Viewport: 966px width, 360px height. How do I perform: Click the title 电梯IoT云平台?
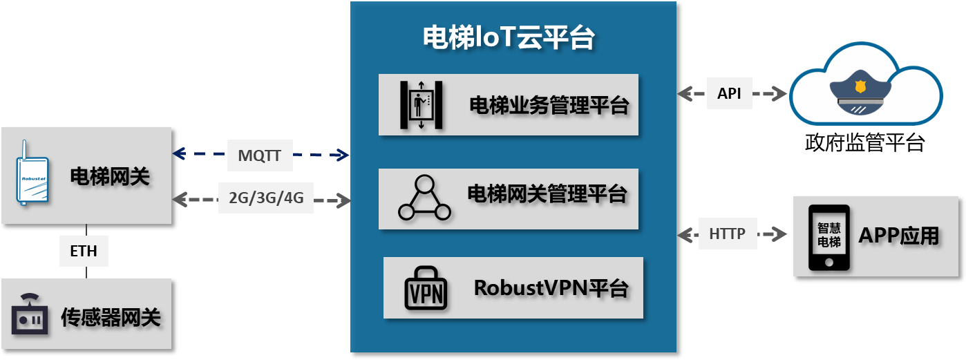coord(509,38)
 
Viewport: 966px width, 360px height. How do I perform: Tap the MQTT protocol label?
coord(260,155)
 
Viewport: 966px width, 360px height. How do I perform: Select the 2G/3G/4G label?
coord(265,198)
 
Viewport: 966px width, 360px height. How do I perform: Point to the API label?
coord(729,93)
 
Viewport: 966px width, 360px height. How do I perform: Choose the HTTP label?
coord(727,234)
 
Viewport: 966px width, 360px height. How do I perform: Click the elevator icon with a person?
coord(421,104)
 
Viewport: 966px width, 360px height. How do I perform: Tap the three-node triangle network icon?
coord(424,198)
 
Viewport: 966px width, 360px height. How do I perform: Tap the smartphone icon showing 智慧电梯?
coord(829,237)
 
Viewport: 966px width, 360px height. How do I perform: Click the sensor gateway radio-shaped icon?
coord(30,316)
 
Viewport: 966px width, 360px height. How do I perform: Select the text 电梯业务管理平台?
coord(549,106)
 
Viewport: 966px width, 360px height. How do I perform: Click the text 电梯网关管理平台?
coord(547,193)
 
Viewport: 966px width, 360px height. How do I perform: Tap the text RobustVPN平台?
coord(551,287)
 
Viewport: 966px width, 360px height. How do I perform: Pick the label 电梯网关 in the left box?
coord(110,177)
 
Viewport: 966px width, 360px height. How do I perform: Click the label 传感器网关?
coord(111,317)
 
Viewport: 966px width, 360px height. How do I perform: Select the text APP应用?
coord(898,236)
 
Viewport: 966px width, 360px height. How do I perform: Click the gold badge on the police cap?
coord(860,87)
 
